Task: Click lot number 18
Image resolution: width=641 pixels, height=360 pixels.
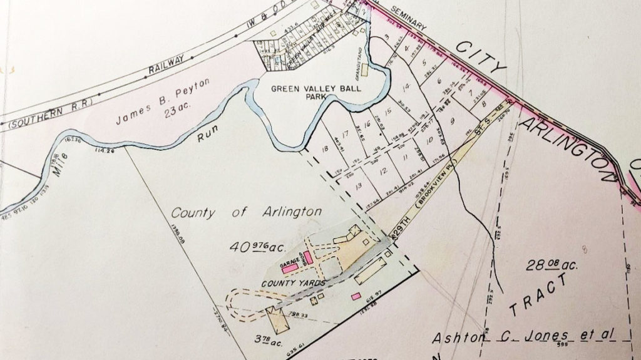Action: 324,149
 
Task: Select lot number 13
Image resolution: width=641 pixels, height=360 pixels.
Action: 358,185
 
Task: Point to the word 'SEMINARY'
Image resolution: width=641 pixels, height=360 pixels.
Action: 408,18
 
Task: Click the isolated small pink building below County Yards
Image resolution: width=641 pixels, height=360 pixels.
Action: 356,296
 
